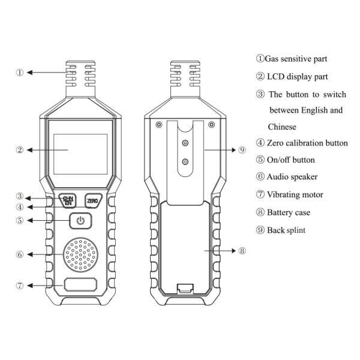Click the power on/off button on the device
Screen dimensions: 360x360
pyautogui.click(x=80, y=221)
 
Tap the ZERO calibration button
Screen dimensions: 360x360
pyautogui.click(x=94, y=200)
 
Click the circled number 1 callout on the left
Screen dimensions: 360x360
pyautogui.click(x=20, y=73)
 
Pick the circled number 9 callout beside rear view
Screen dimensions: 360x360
pyautogui.click(x=242, y=150)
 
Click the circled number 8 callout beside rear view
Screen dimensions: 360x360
pyautogui.click(x=242, y=251)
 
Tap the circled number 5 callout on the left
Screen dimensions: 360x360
pyautogui.click(x=20, y=220)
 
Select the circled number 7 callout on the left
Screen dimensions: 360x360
pyautogui.click(x=20, y=285)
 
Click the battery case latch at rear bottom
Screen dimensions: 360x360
pyautogui.click(x=185, y=288)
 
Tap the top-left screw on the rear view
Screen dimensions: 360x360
pyautogui.click(x=158, y=125)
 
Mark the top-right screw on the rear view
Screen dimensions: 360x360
pyautogui.click(x=211, y=125)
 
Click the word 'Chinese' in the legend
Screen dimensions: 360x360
pyautogui.click(x=282, y=127)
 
